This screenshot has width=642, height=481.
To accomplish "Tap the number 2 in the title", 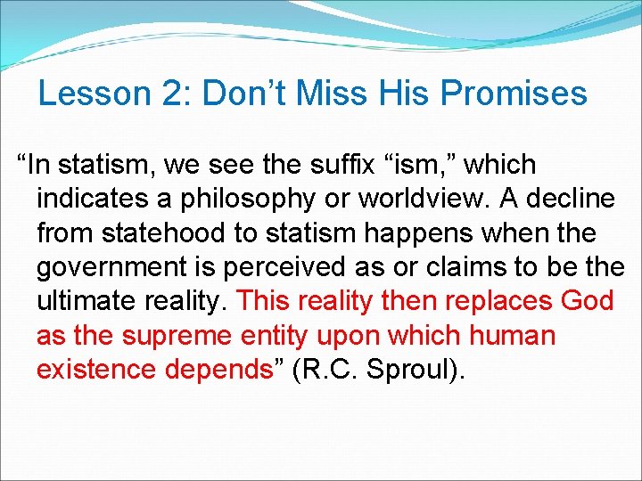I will click(159, 94).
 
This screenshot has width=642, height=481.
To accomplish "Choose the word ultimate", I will click(86, 301).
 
